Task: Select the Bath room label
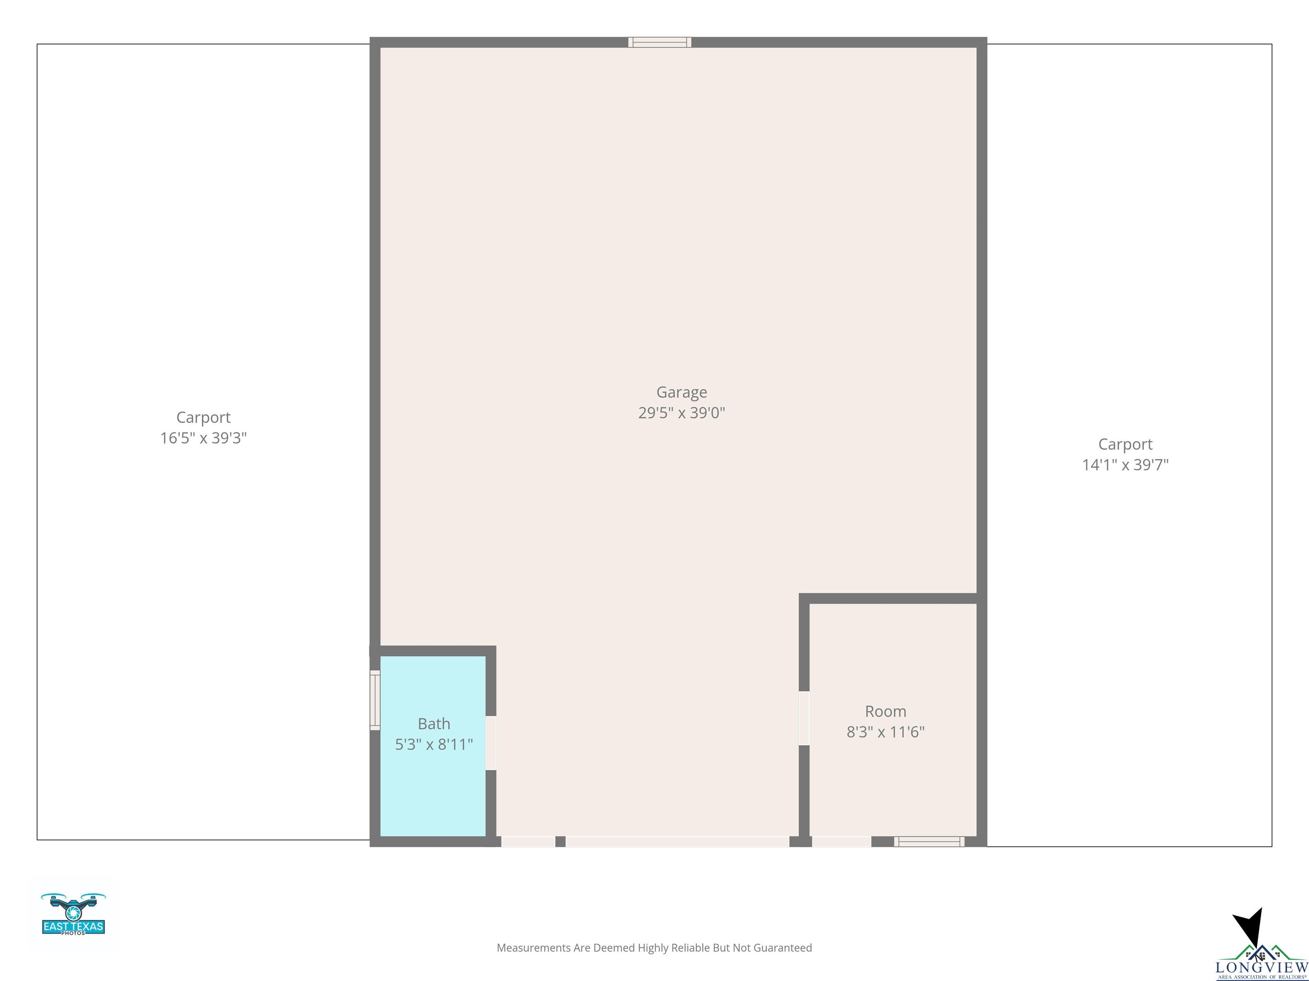coord(434,724)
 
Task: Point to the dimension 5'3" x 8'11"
coord(434,744)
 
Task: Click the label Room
coord(885,711)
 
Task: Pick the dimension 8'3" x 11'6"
coord(885,732)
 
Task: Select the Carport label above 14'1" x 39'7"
coord(1125,445)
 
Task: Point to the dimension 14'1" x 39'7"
coord(1125,465)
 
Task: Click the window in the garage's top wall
coord(660,42)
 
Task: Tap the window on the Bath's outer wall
coord(375,700)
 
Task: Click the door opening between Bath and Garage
coord(490,743)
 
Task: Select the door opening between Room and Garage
coord(804,718)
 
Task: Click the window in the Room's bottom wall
coord(929,841)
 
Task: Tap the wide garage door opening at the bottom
coord(678,841)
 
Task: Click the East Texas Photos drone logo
coord(73,914)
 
